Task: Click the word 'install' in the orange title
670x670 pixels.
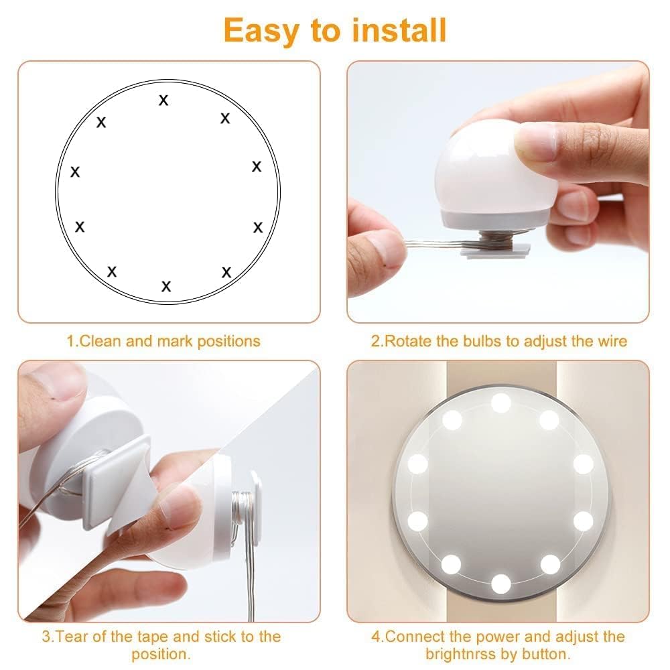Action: [399, 30]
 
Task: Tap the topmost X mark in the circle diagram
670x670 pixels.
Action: [163, 100]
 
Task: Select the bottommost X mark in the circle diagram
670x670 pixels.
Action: [166, 286]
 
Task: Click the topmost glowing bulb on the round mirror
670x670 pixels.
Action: [500, 403]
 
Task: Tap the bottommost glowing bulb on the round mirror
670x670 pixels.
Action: [500, 584]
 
